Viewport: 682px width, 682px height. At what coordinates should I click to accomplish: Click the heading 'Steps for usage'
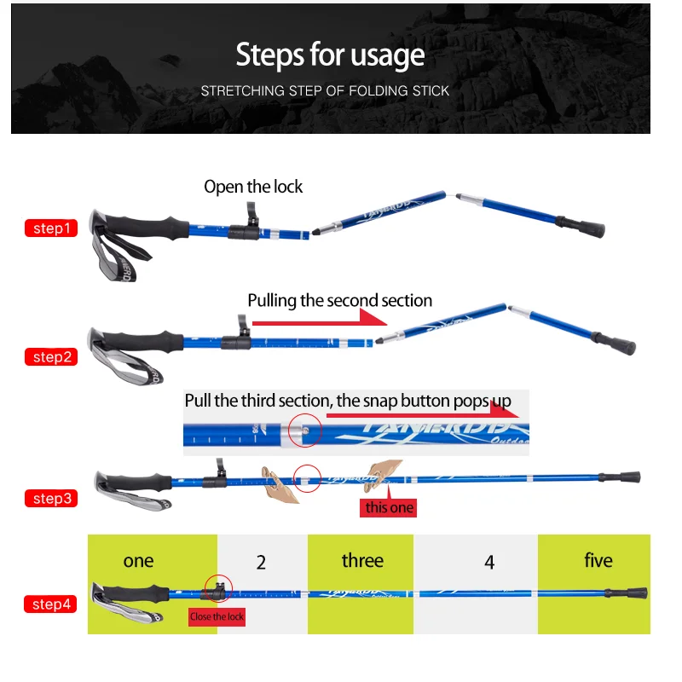[330, 55]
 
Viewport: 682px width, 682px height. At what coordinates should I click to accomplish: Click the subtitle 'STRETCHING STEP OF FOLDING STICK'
[325, 90]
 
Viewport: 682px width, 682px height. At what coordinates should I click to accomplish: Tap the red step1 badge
[50, 228]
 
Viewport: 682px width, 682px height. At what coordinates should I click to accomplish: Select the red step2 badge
[50, 357]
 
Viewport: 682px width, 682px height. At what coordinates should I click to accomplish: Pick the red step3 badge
[50, 499]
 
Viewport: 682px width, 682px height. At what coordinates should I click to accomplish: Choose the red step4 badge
[50, 604]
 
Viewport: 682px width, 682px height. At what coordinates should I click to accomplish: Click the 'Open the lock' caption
[253, 187]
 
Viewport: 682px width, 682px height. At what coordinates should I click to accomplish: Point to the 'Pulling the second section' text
[339, 300]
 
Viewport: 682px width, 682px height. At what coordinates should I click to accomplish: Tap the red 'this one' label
[389, 508]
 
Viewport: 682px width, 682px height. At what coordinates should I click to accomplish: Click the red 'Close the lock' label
[217, 616]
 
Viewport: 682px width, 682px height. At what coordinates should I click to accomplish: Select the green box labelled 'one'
[138, 560]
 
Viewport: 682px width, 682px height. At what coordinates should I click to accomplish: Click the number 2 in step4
[262, 563]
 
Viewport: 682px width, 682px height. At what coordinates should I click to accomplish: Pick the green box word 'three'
[362, 560]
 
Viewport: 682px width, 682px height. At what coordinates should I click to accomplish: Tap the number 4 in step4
[489, 563]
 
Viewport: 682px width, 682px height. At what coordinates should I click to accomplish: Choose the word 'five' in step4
[598, 560]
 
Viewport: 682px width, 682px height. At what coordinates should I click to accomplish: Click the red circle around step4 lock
[218, 587]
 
